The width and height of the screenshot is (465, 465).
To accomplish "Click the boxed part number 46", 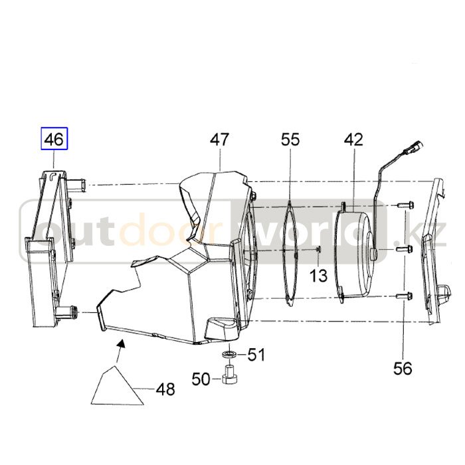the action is pos(54,139).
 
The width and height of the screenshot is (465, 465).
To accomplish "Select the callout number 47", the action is pos(220,139).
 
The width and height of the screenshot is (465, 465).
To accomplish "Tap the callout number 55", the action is pos(290,139).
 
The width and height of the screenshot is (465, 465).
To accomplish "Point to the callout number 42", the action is pos(353,139).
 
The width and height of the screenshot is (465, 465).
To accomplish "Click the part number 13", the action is pos(318,276).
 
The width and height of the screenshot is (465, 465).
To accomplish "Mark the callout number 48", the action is pos(165,389).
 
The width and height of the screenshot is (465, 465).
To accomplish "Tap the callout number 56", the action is pos(403,369).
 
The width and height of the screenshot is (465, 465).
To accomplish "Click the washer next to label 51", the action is pos(229,354).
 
